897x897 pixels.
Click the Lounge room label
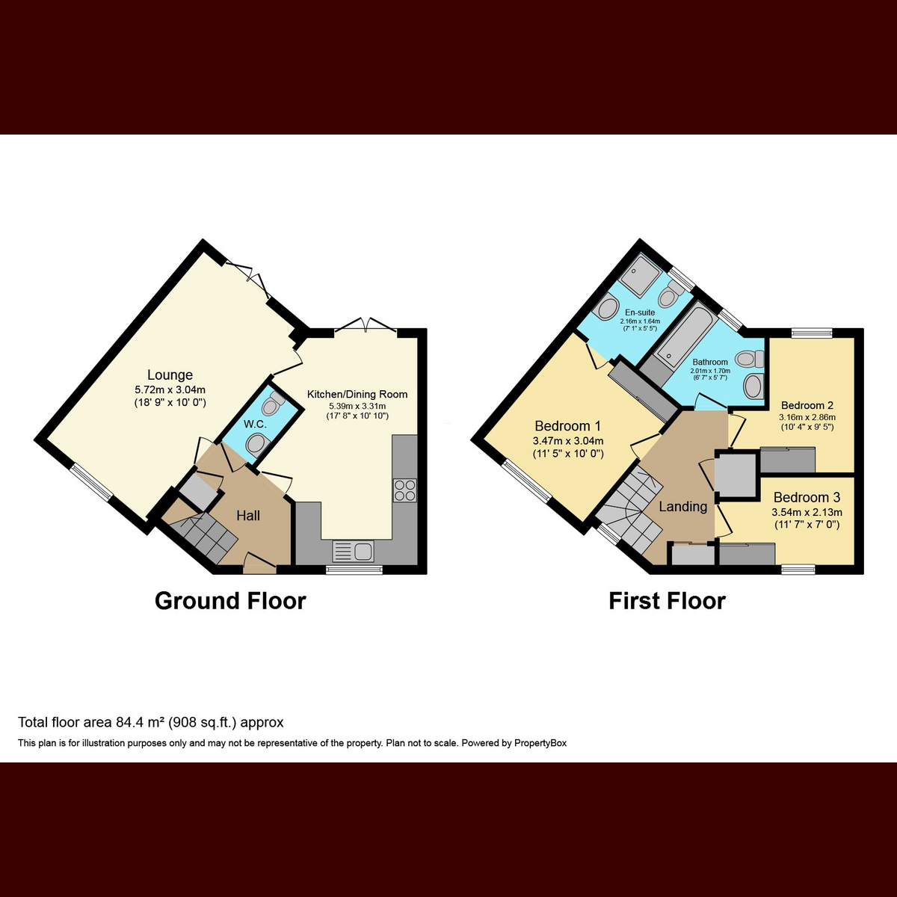170,374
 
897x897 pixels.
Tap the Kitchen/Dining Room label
357,394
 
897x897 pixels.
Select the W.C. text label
255,424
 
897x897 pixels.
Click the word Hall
248,516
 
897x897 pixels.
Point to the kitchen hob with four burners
405,490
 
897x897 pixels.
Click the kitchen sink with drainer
354,552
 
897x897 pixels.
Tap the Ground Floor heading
230,601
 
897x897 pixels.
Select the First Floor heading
667,601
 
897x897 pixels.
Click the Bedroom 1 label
568,426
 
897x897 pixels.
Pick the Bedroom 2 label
807,405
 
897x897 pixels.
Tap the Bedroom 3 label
807,498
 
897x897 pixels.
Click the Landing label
683,507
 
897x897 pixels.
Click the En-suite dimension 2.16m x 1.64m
640,321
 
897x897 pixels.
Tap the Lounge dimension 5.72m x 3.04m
170,389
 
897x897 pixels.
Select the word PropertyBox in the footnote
540,743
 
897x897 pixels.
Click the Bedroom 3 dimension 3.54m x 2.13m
807,513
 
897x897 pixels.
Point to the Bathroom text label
710,362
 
